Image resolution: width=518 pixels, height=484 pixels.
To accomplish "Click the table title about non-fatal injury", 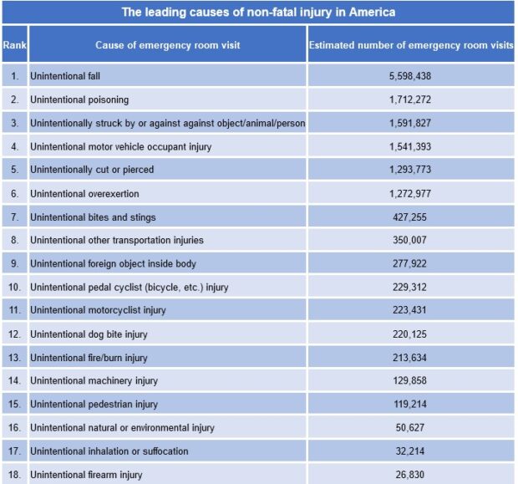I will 258,13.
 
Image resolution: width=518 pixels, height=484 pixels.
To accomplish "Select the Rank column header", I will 14,45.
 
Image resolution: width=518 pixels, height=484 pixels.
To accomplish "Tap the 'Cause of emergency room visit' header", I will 167,45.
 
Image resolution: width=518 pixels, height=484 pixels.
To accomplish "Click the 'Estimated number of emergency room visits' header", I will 411,45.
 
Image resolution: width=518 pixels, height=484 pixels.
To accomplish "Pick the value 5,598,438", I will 411,76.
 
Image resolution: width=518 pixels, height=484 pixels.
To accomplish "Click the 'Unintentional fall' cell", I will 65,76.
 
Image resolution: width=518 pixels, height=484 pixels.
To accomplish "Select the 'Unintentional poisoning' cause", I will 79,99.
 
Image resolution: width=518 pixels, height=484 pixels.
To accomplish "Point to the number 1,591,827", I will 411,123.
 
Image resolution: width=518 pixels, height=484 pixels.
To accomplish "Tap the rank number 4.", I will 14,146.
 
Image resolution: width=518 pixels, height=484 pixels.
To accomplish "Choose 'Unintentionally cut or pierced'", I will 92,170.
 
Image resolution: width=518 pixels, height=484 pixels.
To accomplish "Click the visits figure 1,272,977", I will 411,193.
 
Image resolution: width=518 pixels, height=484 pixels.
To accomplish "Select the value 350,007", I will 411,240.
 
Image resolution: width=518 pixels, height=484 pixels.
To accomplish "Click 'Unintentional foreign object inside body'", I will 114,263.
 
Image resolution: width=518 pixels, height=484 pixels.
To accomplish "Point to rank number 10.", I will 14,287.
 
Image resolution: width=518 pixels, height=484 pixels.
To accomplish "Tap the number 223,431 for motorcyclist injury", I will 411,310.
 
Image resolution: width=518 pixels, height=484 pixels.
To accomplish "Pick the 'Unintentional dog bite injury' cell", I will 89,334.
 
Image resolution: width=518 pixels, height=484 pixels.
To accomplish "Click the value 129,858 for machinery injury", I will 411,380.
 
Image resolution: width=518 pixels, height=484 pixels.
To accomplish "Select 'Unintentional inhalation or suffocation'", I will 109,451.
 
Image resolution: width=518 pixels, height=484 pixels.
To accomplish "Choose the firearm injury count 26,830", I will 411,474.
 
